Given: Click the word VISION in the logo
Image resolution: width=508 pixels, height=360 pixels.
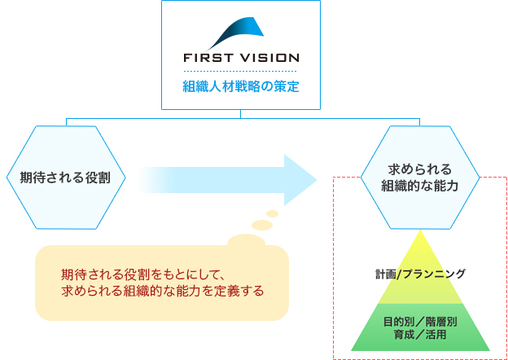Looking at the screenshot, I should tap(269, 59).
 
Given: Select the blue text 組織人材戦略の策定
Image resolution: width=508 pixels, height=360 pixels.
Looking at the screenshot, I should tap(240, 85).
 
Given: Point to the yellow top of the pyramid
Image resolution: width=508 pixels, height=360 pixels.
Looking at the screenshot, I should tap(420, 252).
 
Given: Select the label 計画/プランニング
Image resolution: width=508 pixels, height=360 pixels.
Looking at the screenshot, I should tap(420, 274).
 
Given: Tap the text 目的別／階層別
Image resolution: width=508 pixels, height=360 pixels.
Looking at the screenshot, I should tap(420, 321).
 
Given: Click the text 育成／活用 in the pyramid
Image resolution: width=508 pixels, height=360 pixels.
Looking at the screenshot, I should tap(420, 334).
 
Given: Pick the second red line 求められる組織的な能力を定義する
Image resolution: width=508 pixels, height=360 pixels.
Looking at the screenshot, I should tap(163, 290).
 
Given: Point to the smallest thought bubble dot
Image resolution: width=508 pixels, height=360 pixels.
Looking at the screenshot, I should tap(273, 213).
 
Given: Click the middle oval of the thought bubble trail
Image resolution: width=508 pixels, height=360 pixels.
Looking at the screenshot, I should tap(262, 224).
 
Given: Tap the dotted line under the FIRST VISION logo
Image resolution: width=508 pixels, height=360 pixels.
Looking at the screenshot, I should tap(240, 72).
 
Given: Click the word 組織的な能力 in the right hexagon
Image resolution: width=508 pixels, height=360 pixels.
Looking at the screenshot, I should tap(420, 186).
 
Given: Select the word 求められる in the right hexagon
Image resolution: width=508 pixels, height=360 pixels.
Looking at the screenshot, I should tap(420, 169).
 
